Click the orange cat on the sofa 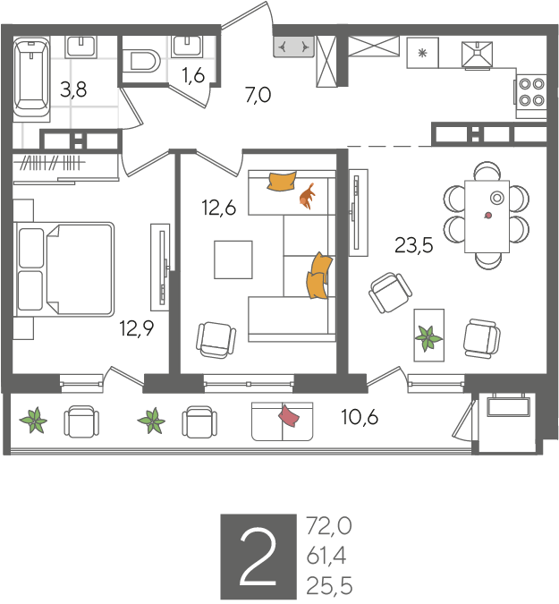[307, 197]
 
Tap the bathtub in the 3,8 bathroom [31, 80]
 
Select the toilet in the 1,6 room [141, 61]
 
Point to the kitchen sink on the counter [478, 55]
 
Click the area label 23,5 [414, 245]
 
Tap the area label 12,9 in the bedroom [137, 328]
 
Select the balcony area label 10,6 [360, 417]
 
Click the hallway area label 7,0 [258, 95]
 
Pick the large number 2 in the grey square [258, 557]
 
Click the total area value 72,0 [329, 526]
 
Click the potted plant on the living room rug [428, 338]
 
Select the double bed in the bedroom [64, 269]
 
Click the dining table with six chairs [487, 217]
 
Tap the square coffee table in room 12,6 [233, 259]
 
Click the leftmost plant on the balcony [33, 420]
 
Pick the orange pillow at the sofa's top [282, 181]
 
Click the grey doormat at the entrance [293, 47]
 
